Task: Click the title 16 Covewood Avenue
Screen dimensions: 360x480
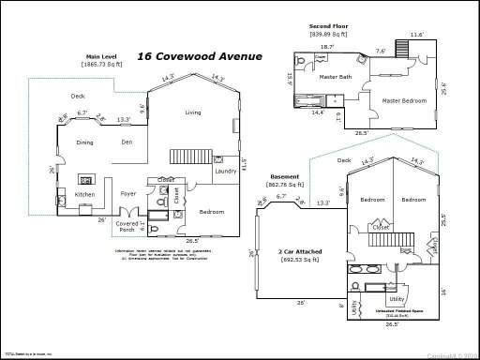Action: (x=200, y=56)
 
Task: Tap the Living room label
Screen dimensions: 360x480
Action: (x=192, y=112)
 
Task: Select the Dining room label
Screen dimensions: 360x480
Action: (x=86, y=142)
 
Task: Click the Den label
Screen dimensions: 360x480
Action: (x=127, y=142)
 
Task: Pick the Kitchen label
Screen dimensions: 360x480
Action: (x=84, y=195)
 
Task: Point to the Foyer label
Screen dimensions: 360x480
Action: (x=128, y=195)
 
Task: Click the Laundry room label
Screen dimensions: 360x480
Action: (x=225, y=172)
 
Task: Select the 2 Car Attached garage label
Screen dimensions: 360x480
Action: (x=295, y=252)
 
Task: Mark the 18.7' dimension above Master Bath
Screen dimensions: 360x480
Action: (x=327, y=46)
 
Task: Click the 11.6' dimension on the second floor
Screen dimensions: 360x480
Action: (x=416, y=35)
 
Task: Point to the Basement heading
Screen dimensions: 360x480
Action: (x=285, y=176)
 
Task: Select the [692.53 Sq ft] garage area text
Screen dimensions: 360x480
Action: (x=295, y=261)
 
